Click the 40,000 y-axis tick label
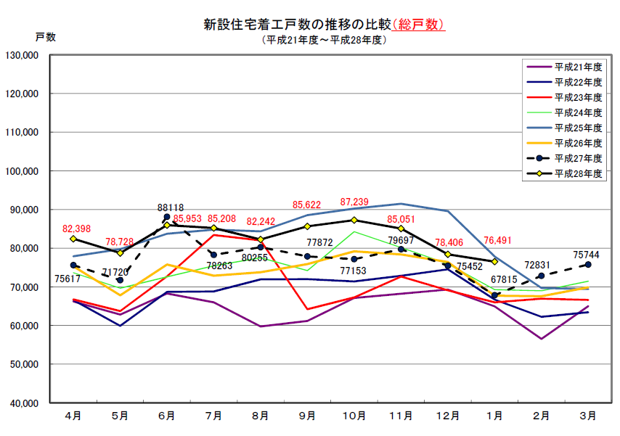pos(24,403)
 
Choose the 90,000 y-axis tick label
pos(24,210)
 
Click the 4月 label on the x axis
pos(73,416)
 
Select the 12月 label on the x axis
pos(448,416)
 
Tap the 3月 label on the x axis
pos(588,416)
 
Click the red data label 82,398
pos(78,229)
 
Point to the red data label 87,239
pos(355,202)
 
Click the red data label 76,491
pos(497,243)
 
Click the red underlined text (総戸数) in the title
pos(419,25)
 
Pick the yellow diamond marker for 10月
pos(354,221)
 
